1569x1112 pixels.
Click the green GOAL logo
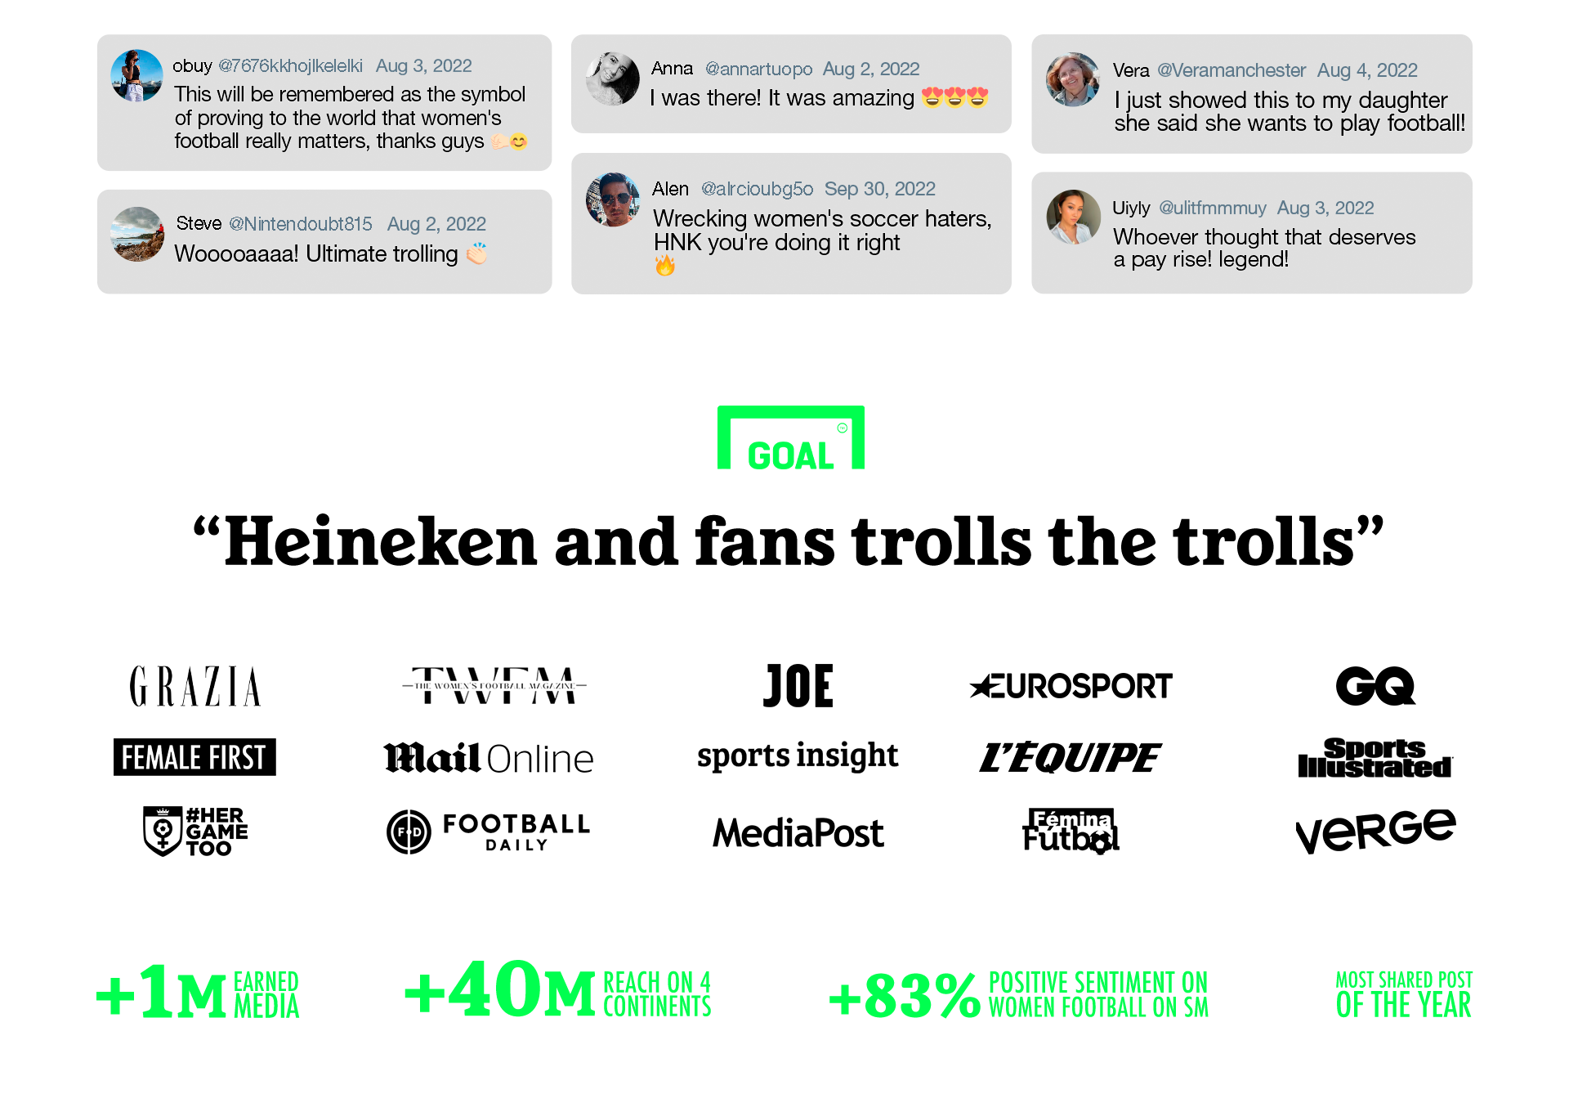pyautogui.click(x=790, y=438)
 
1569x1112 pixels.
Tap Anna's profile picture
pyautogui.click(x=612, y=79)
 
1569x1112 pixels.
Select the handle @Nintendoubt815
pyautogui.click(x=300, y=224)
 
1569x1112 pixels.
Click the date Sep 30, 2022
pyautogui.click(x=879, y=189)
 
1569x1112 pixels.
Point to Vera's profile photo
pyautogui.click(x=1073, y=80)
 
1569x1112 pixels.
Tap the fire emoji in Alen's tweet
pyautogui.click(x=665, y=265)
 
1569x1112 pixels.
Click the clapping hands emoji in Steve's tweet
pyautogui.click(x=476, y=254)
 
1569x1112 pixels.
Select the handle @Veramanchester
pyautogui.click(x=1231, y=70)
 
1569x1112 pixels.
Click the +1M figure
pyautogui.click(x=162, y=992)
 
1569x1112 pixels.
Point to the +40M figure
pyautogui.click(x=500, y=990)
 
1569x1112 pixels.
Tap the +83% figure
pyautogui.click(x=905, y=996)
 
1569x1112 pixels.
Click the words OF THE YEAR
pyautogui.click(x=1403, y=1006)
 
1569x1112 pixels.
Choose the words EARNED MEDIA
pyautogui.click(x=266, y=994)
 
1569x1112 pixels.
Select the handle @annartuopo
pyautogui.click(x=758, y=69)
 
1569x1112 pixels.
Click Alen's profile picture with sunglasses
pyautogui.click(x=614, y=200)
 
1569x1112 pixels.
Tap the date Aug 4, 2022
pyautogui.click(x=1366, y=70)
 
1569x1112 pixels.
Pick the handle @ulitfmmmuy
pyautogui.click(x=1212, y=208)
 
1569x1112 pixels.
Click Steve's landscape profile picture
pyautogui.click(x=137, y=234)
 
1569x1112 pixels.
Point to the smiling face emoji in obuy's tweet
pyautogui.click(x=519, y=141)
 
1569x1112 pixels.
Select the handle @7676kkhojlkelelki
pyautogui.click(x=290, y=66)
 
